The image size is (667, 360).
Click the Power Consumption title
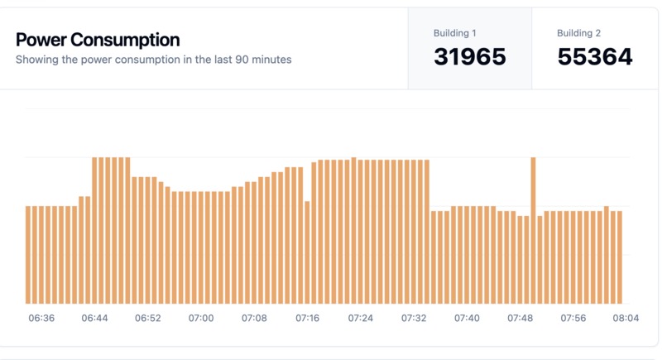click(98, 40)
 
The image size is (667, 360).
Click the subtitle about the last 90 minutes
click(153, 60)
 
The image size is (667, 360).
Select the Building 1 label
click(455, 33)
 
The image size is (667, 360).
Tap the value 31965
click(469, 57)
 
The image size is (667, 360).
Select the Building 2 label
click(578, 33)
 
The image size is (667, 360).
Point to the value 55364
click(595, 57)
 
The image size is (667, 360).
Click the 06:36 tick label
click(41, 318)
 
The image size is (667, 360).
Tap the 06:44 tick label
click(94, 318)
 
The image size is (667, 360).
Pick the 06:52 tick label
click(147, 318)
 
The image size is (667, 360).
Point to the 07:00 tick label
click(201, 318)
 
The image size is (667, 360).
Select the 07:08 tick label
click(254, 318)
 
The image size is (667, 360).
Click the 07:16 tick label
click(307, 318)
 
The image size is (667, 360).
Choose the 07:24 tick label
click(361, 318)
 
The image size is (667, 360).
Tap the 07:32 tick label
click(414, 318)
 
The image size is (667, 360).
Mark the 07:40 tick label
click(467, 318)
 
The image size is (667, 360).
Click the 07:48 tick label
click(521, 318)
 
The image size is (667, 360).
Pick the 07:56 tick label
click(573, 318)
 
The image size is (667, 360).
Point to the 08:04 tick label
click(626, 318)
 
